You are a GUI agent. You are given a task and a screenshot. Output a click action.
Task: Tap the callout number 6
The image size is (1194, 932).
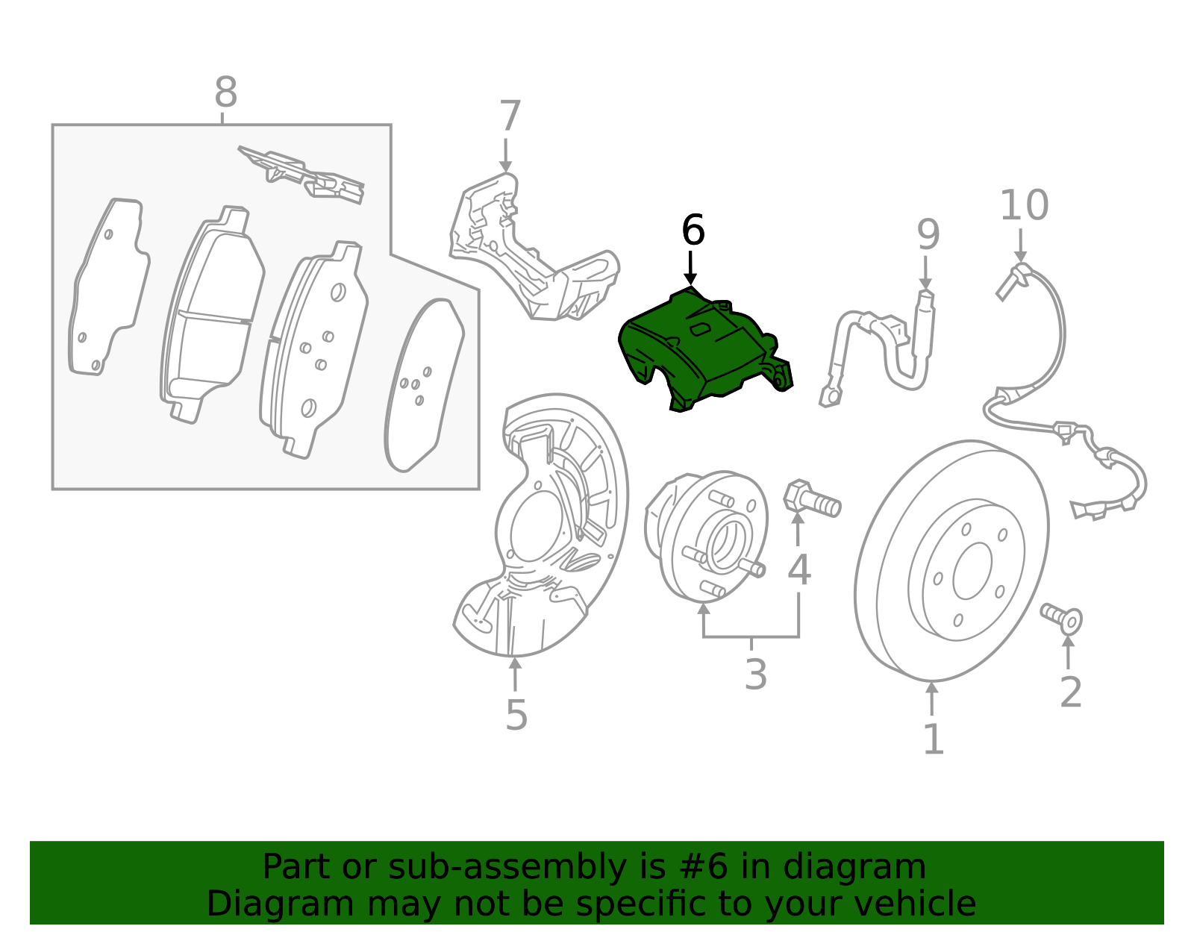tap(693, 231)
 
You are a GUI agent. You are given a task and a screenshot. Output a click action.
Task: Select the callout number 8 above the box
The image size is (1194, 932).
tap(225, 94)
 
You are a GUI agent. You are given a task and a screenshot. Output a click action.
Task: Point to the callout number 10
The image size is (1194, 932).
tap(1024, 205)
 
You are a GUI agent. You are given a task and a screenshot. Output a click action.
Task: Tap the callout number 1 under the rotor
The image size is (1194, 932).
tap(933, 739)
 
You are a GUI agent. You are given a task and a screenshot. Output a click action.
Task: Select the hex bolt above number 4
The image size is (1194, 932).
tap(812, 499)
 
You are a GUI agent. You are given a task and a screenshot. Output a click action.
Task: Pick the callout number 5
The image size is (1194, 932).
tap(516, 716)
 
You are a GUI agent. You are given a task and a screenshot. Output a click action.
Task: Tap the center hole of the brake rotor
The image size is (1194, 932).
tap(972, 571)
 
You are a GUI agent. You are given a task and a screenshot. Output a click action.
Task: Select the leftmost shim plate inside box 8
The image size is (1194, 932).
tap(108, 287)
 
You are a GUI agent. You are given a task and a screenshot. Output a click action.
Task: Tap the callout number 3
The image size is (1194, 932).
tap(755, 675)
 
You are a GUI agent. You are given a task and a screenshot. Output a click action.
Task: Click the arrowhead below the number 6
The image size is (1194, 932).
tap(691, 279)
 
